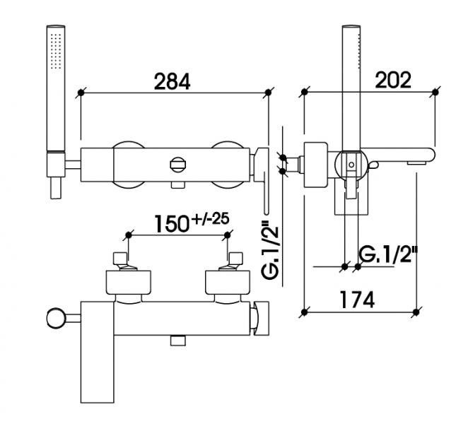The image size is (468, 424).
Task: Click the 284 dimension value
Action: point(172,81)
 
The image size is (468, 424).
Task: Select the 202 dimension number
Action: point(393,80)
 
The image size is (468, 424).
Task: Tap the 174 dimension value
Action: point(357,300)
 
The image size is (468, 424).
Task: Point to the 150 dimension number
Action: point(172,224)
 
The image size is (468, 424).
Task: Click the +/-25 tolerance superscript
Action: point(211,219)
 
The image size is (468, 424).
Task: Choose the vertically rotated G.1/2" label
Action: point(270,250)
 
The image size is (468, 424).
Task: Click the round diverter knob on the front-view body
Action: point(178,165)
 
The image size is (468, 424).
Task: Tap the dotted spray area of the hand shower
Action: point(56,52)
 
